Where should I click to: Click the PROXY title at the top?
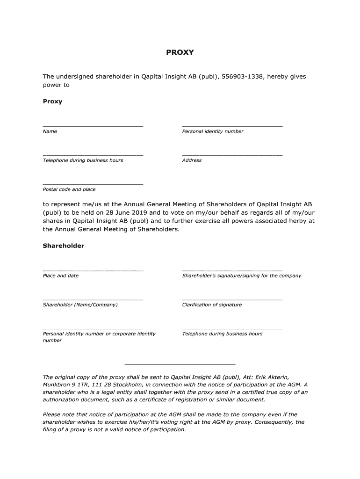point(180,52)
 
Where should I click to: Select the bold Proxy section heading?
point(52,101)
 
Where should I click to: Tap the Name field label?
point(50,131)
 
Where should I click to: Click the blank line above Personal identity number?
point(232,126)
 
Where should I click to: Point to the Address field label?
point(192,160)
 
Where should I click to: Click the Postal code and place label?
point(69,189)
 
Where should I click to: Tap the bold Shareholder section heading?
point(63,246)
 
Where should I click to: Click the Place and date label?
point(60,276)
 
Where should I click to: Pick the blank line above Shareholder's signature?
point(232,270)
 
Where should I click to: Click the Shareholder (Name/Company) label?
point(80,305)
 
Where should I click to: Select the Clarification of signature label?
point(212,305)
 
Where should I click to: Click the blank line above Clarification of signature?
point(232,299)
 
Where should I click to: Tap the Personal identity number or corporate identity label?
point(99,334)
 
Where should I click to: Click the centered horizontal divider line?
point(180,364)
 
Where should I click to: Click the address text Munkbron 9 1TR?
point(64,385)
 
